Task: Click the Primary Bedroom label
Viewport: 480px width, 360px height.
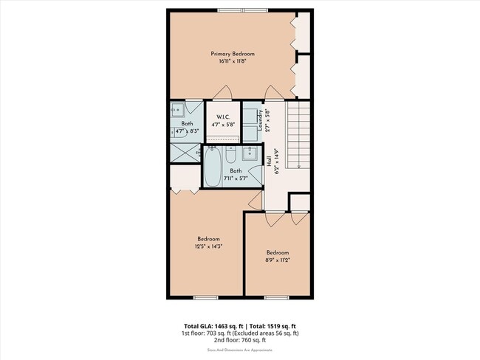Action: coord(233,54)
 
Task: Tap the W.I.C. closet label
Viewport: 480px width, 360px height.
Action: coord(222,118)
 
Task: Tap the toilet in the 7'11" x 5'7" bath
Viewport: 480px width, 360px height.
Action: coord(231,156)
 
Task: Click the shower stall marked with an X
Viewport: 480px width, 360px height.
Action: coord(185,152)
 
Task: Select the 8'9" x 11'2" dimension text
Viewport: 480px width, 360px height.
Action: coord(278,260)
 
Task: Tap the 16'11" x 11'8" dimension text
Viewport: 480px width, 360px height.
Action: coord(233,62)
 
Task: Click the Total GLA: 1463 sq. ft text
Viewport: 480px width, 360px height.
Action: coord(215,326)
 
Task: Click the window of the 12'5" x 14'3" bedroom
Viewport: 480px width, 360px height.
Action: coord(205,297)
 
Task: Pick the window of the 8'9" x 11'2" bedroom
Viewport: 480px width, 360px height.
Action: coord(276,297)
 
